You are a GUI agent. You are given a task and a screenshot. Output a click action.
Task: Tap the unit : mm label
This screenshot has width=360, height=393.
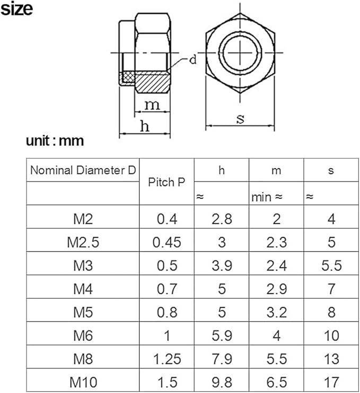(55, 141)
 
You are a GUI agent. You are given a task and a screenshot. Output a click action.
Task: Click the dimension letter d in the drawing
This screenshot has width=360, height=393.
(193, 60)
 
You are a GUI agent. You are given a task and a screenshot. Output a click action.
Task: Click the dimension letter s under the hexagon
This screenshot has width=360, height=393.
(240, 119)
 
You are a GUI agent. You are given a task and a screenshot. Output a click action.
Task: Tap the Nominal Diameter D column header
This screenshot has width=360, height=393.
(83, 170)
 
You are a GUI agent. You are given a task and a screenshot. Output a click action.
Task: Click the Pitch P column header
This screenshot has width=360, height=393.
(167, 182)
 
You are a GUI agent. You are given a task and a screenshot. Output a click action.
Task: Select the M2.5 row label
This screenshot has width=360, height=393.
(83, 242)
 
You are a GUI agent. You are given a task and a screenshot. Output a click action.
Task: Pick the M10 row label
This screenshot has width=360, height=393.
(83, 381)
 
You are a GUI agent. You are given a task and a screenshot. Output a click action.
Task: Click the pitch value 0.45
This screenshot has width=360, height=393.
(167, 242)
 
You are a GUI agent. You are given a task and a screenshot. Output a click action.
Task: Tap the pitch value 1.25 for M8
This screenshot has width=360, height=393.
(167, 359)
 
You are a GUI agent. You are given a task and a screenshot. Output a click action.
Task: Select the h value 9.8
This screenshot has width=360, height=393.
(222, 381)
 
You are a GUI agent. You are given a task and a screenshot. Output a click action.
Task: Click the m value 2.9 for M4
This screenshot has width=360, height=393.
(276, 289)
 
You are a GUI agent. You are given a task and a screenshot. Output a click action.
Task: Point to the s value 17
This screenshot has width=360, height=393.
(331, 381)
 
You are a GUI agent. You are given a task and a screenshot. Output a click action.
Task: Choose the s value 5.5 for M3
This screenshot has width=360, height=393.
(331, 266)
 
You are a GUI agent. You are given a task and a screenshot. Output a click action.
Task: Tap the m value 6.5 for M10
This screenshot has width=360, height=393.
(276, 381)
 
